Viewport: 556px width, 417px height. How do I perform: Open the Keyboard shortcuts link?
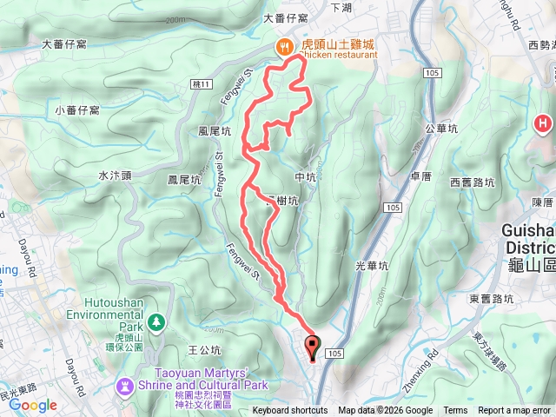[289, 411]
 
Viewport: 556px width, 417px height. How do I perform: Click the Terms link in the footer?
[455, 411]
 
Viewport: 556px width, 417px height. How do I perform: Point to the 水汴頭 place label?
[115, 175]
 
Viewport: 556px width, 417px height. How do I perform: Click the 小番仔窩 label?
[76, 110]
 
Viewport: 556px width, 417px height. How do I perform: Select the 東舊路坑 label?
[492, 299]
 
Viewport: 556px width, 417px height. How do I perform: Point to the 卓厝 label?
[421, 175]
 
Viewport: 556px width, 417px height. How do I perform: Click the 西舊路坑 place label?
[473, 182]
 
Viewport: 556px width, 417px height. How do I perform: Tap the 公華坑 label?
[440, 127]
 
